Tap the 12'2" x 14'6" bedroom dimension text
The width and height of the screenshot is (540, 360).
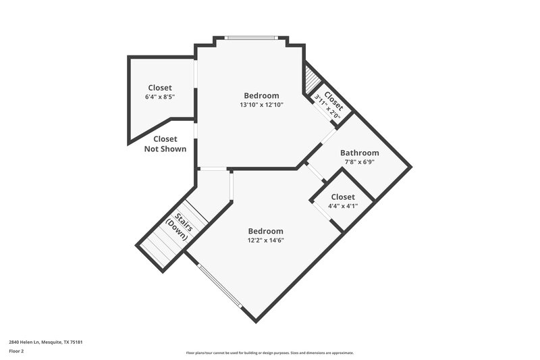coord(265,240)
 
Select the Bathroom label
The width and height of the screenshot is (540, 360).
coord(359,153)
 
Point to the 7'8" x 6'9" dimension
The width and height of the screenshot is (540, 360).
coord(359,162)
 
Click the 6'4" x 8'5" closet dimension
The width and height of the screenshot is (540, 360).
coord(160,97)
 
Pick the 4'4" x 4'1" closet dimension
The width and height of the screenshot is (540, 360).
coord(342,206)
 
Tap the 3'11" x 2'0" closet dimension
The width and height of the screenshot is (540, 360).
coord(329,107)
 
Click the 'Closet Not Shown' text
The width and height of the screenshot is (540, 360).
coord(165,144)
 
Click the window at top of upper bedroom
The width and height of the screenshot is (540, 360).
coord(252,38)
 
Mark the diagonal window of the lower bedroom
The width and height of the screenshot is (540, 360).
coord(220,286)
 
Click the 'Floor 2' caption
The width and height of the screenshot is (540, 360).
coord(17,351)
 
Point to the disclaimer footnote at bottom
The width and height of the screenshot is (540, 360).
coord(270,353)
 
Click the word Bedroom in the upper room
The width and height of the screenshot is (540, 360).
coord(261,96)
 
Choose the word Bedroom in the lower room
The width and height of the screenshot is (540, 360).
coord(265,231)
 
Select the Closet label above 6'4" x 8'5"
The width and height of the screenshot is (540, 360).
coord(160,88)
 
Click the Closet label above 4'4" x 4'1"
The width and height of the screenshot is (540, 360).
coord(342,197)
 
